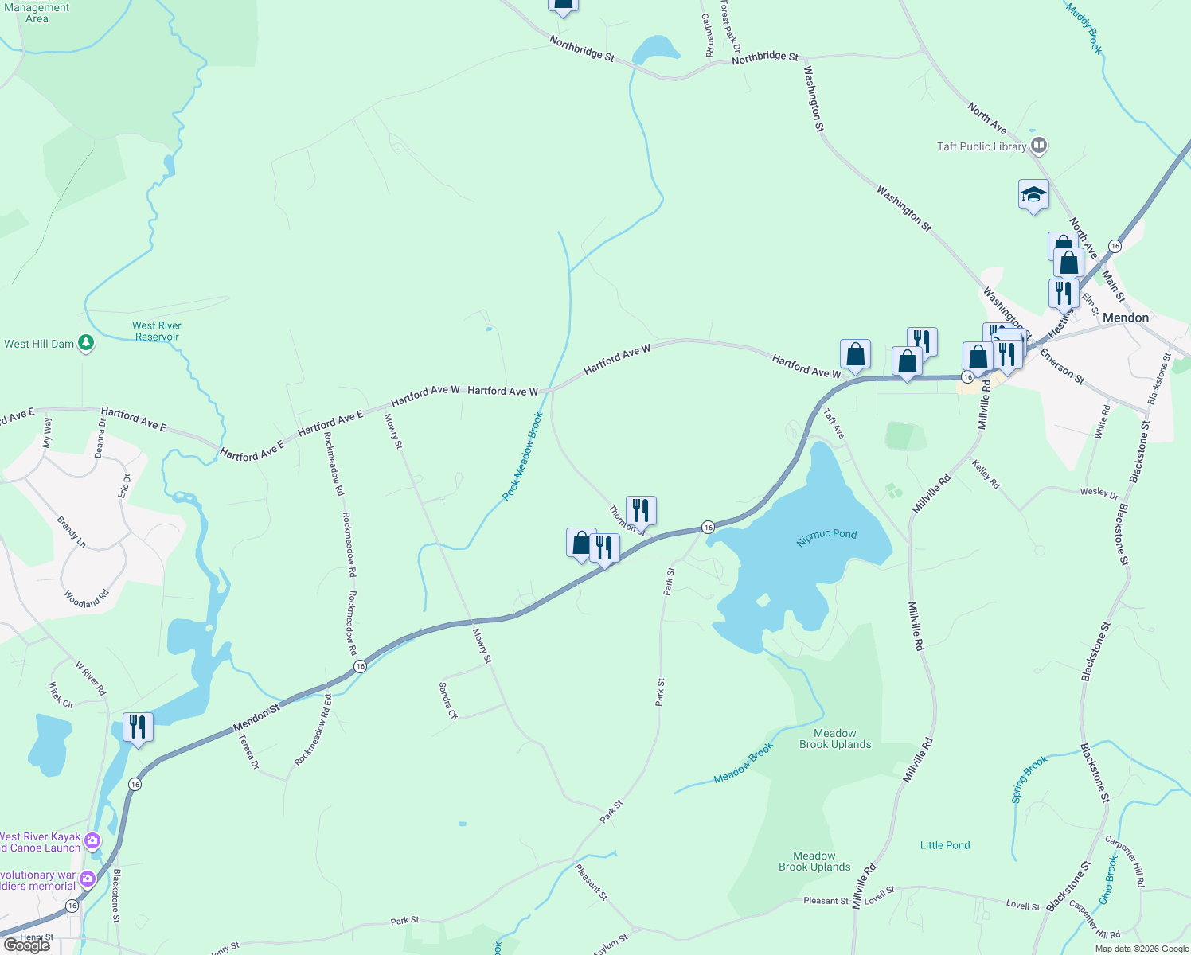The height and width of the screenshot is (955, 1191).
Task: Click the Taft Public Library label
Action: (981, 146)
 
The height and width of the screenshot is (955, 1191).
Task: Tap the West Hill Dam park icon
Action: (86, 344)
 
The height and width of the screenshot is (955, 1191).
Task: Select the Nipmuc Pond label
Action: (826, 537)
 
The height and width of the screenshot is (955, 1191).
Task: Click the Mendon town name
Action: (1125, 318)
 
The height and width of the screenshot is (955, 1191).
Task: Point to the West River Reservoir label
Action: (157, 331)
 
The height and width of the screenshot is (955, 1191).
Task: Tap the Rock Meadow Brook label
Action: (522, 457)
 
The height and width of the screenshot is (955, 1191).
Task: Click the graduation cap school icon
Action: (1033, 194)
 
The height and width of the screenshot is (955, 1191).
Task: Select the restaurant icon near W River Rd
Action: (138, 727)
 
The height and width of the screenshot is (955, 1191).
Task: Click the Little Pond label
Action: (945, 845)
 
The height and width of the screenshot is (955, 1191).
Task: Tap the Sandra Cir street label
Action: (448, 700)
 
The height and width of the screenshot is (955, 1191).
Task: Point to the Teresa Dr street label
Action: (248, 752)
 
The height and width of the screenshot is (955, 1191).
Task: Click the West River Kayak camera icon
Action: (92, 840)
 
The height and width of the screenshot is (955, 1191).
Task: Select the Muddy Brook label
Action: (1084, 29)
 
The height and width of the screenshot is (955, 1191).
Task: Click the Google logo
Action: (26, 945)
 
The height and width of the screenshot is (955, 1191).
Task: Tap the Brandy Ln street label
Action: (72, 532)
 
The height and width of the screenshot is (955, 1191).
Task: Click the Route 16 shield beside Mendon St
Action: (360, 666)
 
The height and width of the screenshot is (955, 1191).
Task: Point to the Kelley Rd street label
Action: (986, 474)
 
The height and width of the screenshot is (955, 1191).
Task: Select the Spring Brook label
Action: (1029, 779)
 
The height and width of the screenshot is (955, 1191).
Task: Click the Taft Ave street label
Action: (834, 423)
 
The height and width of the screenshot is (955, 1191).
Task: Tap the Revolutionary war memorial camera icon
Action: (87, 879)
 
